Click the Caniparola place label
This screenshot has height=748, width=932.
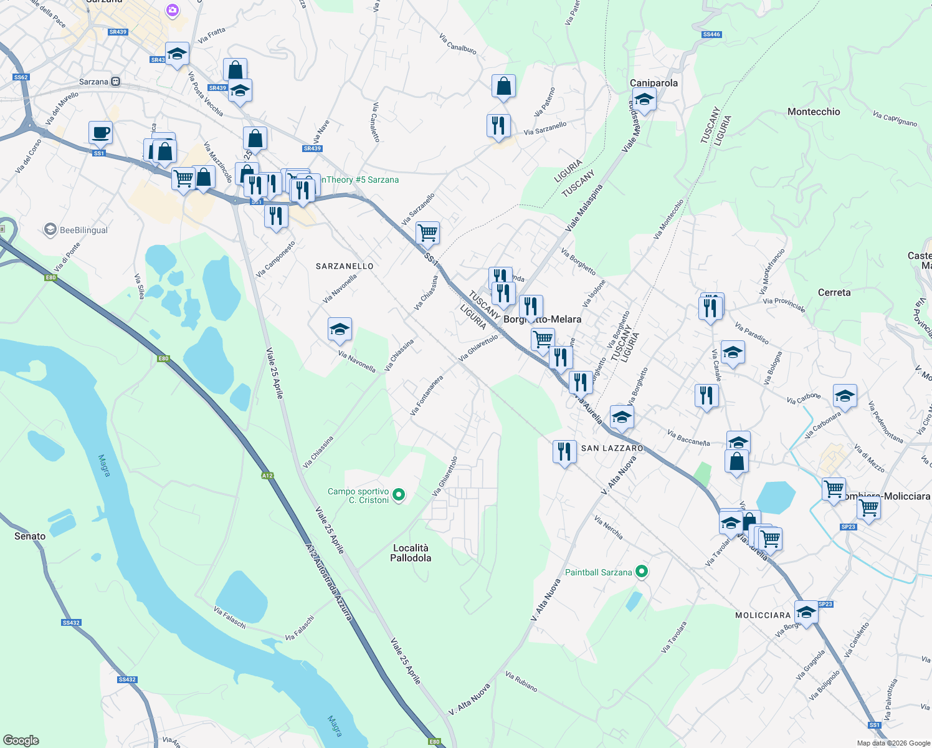(654, 83)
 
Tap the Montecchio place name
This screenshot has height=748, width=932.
(814, 112)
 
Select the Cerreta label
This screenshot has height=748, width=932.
(834, 292)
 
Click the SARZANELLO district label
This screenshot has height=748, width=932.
(345, 266)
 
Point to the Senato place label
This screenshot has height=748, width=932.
(30, 536)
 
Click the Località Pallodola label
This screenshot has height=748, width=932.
(411, 553)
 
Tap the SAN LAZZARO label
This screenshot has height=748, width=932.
(612, 448)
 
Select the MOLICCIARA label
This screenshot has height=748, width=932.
(763, 615)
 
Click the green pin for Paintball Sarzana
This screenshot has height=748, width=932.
(642, 572)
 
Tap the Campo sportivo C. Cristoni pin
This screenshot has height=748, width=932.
(399, 496)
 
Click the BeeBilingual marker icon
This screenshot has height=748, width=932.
(50, 230)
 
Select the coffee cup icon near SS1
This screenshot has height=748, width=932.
(100, 133)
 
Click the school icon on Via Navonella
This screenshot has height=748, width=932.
(340, 329)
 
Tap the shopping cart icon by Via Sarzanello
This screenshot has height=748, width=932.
(427, 233)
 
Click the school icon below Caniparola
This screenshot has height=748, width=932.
(644, 99)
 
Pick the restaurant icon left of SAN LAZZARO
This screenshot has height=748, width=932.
(564, 451)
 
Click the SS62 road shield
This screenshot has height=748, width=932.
(21, 77)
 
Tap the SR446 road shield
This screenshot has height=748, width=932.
(711, 34)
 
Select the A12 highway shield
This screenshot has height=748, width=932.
(267, 476)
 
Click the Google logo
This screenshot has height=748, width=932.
(21, 741)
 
